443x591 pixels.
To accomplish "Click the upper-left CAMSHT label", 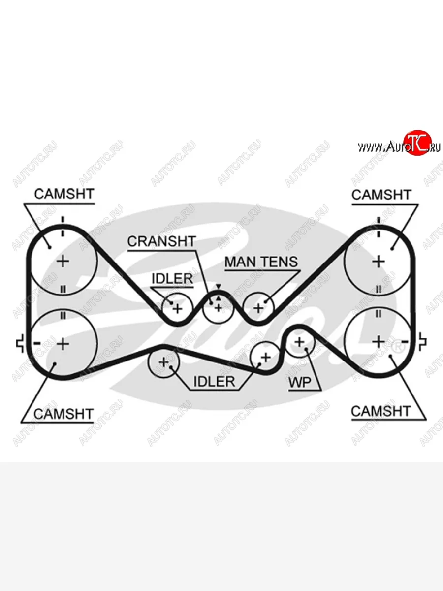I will tap(63, 194).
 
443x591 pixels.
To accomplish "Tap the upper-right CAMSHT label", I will tap(381, 195).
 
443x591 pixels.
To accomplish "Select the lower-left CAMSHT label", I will tap(63, 414).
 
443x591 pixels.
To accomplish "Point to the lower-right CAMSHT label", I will tap(380, 411).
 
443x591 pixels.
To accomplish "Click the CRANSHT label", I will tap(161, 241).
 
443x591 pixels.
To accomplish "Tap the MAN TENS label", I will tap(261, 262).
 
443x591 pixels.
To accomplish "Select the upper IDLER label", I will tap(172, 278).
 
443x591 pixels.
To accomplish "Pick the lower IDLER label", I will tap(214, 381).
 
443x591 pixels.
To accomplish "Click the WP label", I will tap(300, 383).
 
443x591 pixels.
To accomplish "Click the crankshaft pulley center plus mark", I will tap(218, 308).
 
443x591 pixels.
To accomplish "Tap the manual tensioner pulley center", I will tap(258, 308).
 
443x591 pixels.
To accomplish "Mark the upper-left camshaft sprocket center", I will tap(63, 261).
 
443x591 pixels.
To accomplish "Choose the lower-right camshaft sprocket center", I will tap(378, 341).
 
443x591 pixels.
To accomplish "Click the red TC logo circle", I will tap(417, 143).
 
